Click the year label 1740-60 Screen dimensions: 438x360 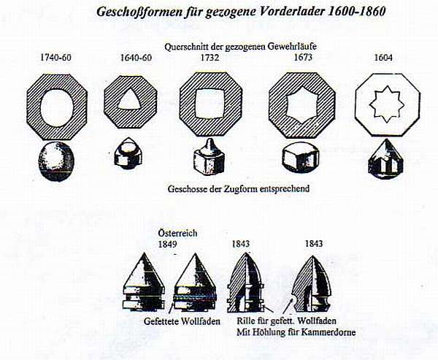[x=56, y=58]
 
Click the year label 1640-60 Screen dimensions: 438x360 [x=136, y=58]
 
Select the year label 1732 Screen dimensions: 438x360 [x=210, y=58]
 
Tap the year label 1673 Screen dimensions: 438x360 [x=303, y=57]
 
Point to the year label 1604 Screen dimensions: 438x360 [x=383, y=58]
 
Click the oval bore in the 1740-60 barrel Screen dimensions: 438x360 [x=57, y=107]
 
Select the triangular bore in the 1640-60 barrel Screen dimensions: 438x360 [x=131, y=100]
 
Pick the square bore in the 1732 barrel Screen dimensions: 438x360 [x=210, y=103]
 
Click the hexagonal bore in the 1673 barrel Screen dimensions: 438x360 [x=302, y=105]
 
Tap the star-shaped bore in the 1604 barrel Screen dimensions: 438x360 [x=387, y=104]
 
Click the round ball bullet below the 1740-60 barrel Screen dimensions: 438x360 [x=56, y=161]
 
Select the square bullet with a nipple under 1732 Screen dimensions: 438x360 [x=209, y=155]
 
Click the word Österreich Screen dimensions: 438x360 [x=177, y=233]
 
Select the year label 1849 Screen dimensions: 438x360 [x=168, y=244]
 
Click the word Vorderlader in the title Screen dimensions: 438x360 [x=289, y=12]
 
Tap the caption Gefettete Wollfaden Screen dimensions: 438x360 [x=182, y=321]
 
